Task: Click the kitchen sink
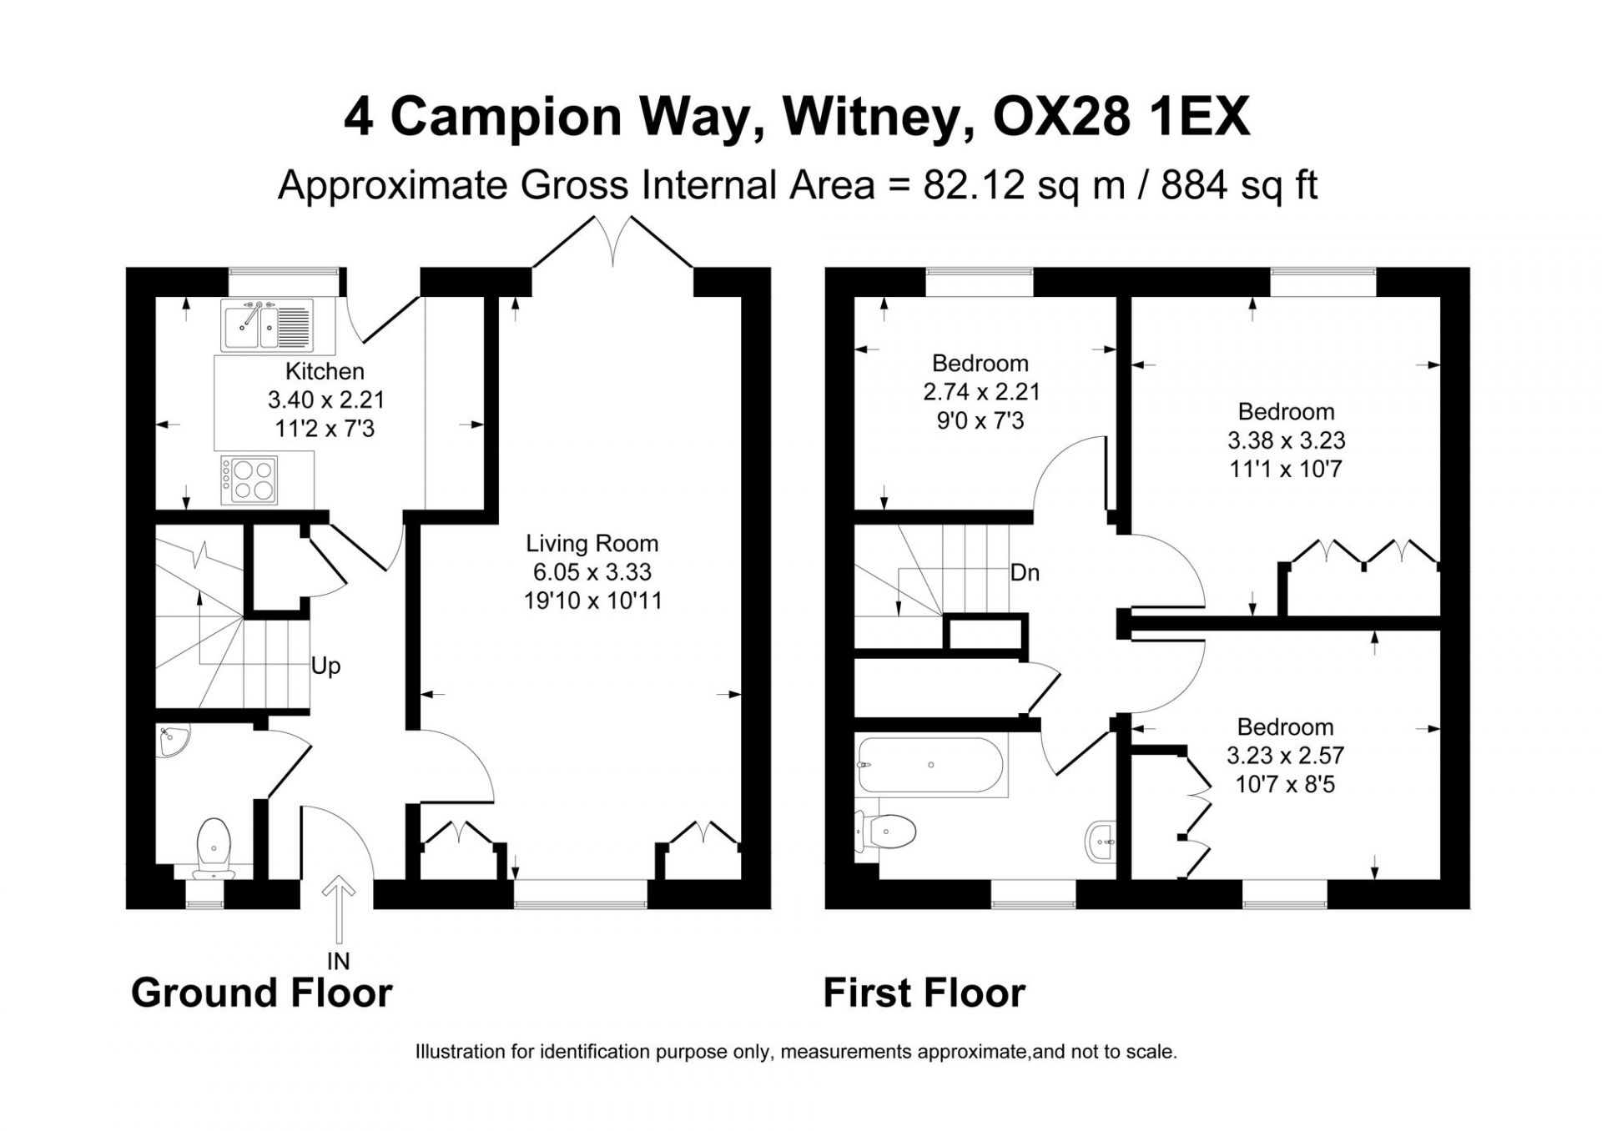pyautogui.click(x=267, y=325)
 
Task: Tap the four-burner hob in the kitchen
pyautogui.click(x=249, y=480)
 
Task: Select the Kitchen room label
pyautogui.click(x=325, y=371)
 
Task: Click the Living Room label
pyautogui.click(x=592, y=544)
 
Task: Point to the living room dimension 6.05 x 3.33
pyautogui.click(x=592, y=572)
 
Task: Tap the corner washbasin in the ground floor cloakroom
pyautogui.click(x=173, y=742)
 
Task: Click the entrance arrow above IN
pyautogui.click(x=339, y=908)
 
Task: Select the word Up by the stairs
pyautogui.click(x=325, y=666)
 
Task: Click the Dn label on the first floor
pyautogui.click(x=1025, y=573)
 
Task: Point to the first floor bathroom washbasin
pyautogui.click(x=1101, y=844)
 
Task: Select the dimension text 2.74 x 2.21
pyautogui.click(x=981, y=392)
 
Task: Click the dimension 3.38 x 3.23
pyautogui.click(x=1286, y=440)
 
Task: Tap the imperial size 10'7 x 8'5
pyautogui.click(x=1286, y=784)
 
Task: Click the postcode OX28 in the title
pyautogui.click(x=1059, y=118)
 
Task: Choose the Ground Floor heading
pyautogui.click(x=262, y=993)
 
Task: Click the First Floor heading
pyautogui.click(x=924, y=993)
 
